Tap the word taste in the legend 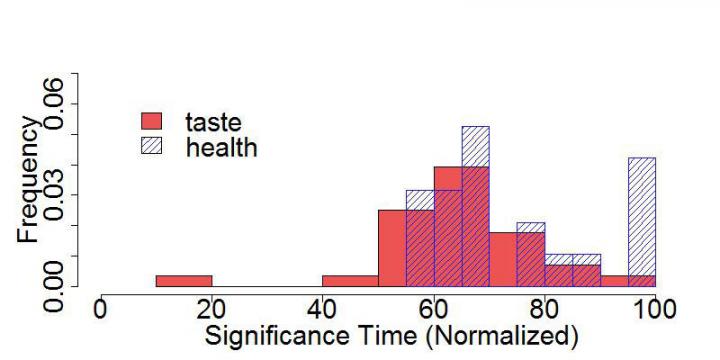[213, 122]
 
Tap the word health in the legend [221, 147]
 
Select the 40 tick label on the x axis [322, 308]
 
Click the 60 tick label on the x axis [433, 308]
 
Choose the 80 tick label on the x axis [544, 308]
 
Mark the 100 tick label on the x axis [654, 308]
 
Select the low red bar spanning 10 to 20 [184, 281]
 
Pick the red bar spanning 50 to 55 [391, 248]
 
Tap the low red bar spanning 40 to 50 [350, 281]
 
